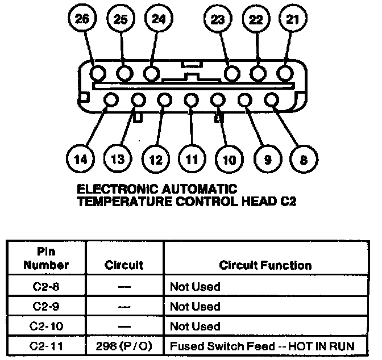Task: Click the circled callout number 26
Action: [83, 19]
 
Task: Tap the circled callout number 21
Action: [292, 19]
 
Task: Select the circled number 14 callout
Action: [81, 160]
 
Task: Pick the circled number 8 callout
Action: [304, 160]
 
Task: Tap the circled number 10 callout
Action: [229, 160]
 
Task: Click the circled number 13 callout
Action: [118, 160]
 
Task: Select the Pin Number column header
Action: [47, 259]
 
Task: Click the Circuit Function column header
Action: [265, 265]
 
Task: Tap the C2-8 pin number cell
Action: [47, 287]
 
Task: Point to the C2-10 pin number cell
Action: [47, 326]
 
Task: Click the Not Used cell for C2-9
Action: [195, 307]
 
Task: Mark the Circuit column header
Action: [124, 265]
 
